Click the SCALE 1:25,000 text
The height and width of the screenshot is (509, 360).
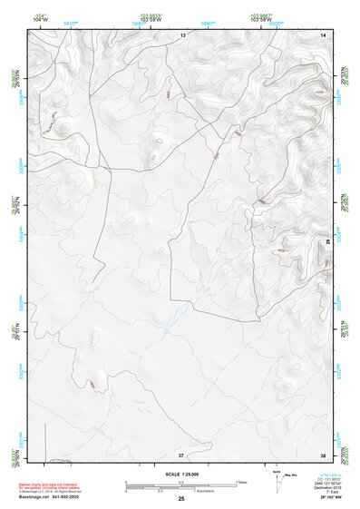click(180, 475)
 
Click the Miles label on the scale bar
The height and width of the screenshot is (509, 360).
click(242, 481)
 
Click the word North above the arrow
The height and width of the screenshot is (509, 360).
click(276, 472)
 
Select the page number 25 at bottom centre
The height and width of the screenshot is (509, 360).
click(181, 500)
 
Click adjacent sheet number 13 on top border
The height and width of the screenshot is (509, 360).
click(181, 34)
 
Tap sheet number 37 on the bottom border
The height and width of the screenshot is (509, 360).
click(180, 454)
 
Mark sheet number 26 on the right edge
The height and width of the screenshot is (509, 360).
click(327, 243)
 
